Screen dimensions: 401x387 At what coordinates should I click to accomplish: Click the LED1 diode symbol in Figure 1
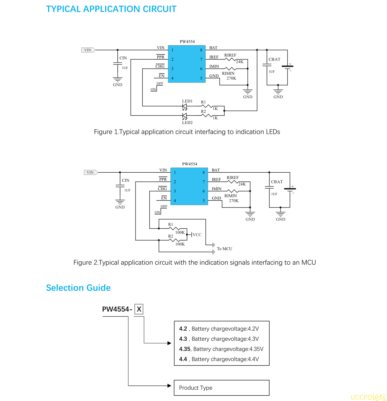(x=184, y=106)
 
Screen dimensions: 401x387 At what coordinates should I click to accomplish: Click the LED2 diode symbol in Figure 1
(x=184, y=116)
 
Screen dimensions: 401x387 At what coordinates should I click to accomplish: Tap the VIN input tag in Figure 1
(x=88, y=50)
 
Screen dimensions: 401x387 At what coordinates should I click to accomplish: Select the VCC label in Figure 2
(x=197, y=235)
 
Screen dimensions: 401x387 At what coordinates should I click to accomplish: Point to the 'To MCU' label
(x=224, y=249)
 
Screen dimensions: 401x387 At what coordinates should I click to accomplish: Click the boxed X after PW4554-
(x=139, y=309)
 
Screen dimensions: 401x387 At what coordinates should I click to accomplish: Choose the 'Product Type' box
(x=221, y=388)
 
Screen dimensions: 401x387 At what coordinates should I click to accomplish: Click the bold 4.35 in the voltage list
(x=184, y=349)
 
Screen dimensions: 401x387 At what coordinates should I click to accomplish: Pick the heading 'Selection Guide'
(x=78, y=288)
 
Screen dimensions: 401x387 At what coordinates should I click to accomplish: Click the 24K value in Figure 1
(x=240, y=62)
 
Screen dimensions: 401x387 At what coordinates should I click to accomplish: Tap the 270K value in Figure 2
(x=234, y=201)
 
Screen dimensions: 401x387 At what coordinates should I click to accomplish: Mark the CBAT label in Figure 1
(x=274, y=59)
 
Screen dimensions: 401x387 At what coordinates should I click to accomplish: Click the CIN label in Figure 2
(x=125, y=180)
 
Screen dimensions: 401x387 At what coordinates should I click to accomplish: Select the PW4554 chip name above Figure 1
(x=187, y=41)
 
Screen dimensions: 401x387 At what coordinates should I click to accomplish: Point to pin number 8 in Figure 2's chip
(x=204, y=172)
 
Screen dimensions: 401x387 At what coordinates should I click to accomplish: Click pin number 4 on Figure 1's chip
(x=172, y=78)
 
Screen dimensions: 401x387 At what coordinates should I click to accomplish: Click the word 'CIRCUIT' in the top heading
(x=159, y=9)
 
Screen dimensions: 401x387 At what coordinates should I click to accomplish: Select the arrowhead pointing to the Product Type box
(x=169, y=386)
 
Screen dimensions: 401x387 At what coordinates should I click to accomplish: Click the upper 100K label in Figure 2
(x=180, y=232)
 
